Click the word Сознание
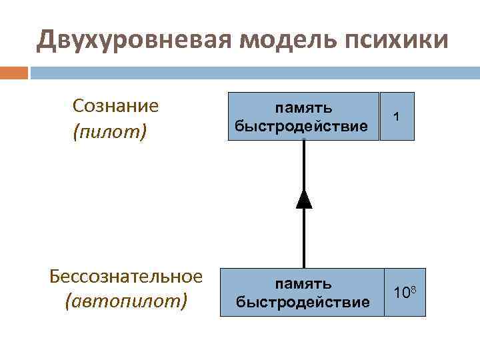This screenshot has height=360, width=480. (115, 105)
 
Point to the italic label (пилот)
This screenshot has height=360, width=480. (109, 130)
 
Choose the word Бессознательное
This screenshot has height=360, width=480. (126, 276)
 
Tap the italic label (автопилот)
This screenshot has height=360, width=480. (126, 301)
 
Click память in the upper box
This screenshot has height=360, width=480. (304, 107)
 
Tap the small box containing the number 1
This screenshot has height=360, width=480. (397, 116)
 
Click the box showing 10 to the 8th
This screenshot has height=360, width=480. (405, 292)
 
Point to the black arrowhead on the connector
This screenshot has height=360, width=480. (304, 198)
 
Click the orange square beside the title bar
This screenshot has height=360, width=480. (14, 72)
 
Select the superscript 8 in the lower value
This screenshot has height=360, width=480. (414, 287)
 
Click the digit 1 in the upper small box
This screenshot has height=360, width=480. (397, 116)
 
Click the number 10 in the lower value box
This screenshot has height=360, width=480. (401, 294)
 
